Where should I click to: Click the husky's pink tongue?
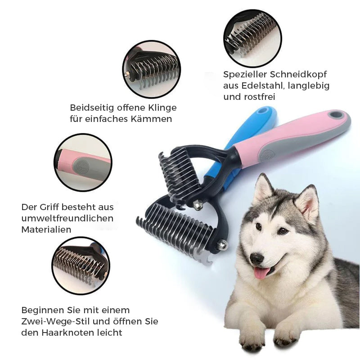[x=262, y=272]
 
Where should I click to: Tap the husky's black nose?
[x=256, y=258]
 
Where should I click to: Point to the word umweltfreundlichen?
[x=67, y=218]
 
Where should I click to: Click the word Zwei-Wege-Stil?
[x=51, y=322]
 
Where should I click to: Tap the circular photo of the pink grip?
[x=83, y=162]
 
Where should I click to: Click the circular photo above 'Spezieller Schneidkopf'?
[x=252, y=38]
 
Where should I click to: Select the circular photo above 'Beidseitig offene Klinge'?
[x=151, y=69]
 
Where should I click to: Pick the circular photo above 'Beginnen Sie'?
[x=81, y=265]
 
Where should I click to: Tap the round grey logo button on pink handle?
[x=266, y=156]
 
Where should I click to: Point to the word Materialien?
[x=46, y=229]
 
